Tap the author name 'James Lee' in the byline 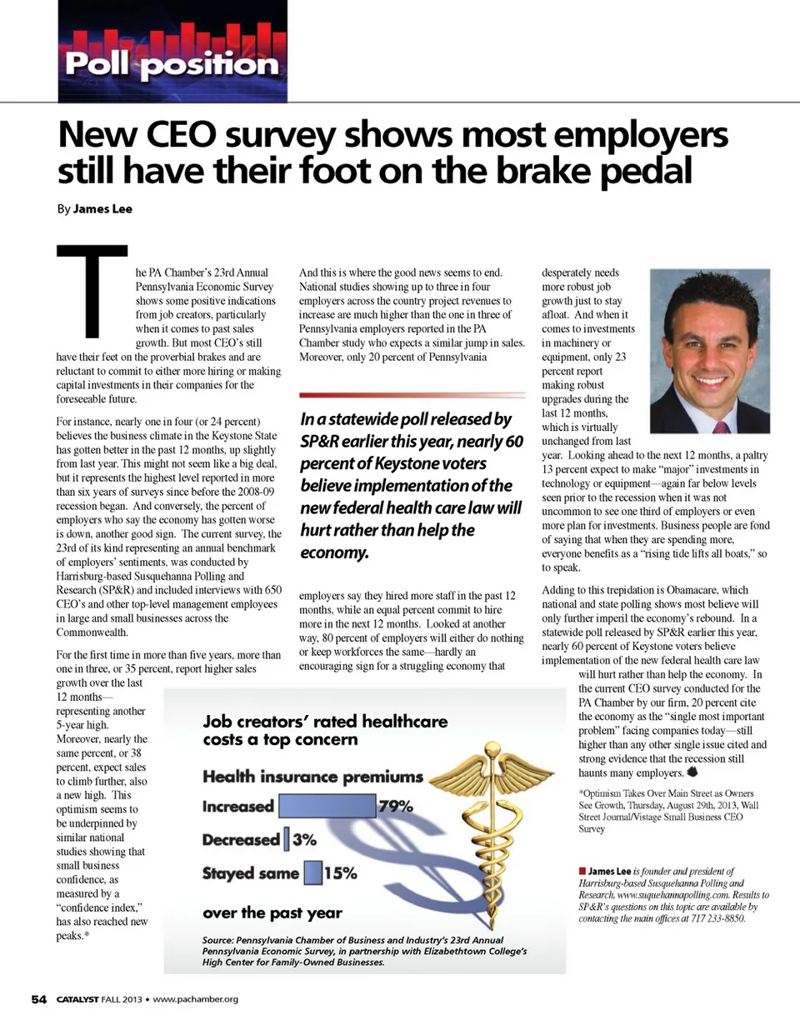(x=102, y=209)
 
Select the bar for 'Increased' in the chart (x=327, y=806)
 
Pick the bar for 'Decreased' (x=286, y=839)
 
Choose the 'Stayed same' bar (x=312, y=872)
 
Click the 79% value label (x=396, y=806)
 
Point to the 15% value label (x=340, y=873)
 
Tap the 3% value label (x=304, y=839)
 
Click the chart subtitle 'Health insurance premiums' (x=312, y=777)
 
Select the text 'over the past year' (x=272, y=913)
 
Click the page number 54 (x=39, y=999)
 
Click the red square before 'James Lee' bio (x=582, y=871)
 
